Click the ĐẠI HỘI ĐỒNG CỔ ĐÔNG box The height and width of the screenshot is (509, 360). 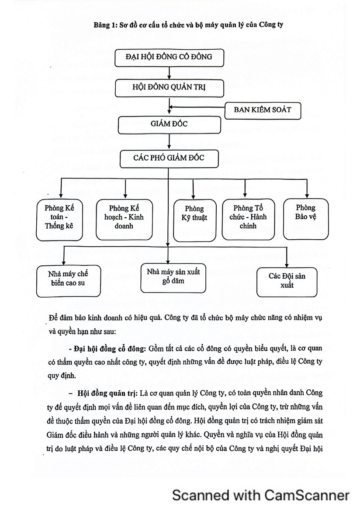click(169, 58)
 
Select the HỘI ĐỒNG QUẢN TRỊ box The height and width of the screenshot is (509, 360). click(169, 88)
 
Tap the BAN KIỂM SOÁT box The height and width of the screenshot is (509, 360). click(263, 111)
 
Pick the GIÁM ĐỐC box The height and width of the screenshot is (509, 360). click(169, 125)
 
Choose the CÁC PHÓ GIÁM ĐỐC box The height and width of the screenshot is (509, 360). click(169, 158)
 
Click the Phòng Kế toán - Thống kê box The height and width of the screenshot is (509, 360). click(59, 220)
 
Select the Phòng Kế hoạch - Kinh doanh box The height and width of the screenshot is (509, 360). click(124, 220)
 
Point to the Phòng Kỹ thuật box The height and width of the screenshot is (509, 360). click(194, 220)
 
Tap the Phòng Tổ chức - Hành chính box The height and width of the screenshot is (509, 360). click(248, 220)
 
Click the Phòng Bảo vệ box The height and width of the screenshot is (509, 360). click(306, 219)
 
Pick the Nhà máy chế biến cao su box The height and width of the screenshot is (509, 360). click(68, 281)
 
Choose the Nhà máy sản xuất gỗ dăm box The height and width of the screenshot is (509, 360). click(173, 278)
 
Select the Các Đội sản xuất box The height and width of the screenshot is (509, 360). click(287, 282)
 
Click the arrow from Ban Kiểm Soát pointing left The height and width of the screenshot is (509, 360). click(197, 107)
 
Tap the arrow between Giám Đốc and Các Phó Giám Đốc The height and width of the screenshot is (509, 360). click(169, 142)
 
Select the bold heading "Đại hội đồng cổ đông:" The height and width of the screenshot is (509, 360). click(109, 349)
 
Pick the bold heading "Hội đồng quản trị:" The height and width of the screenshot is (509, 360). click(108, 393)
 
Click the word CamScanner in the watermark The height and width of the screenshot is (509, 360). click(307, 495)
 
